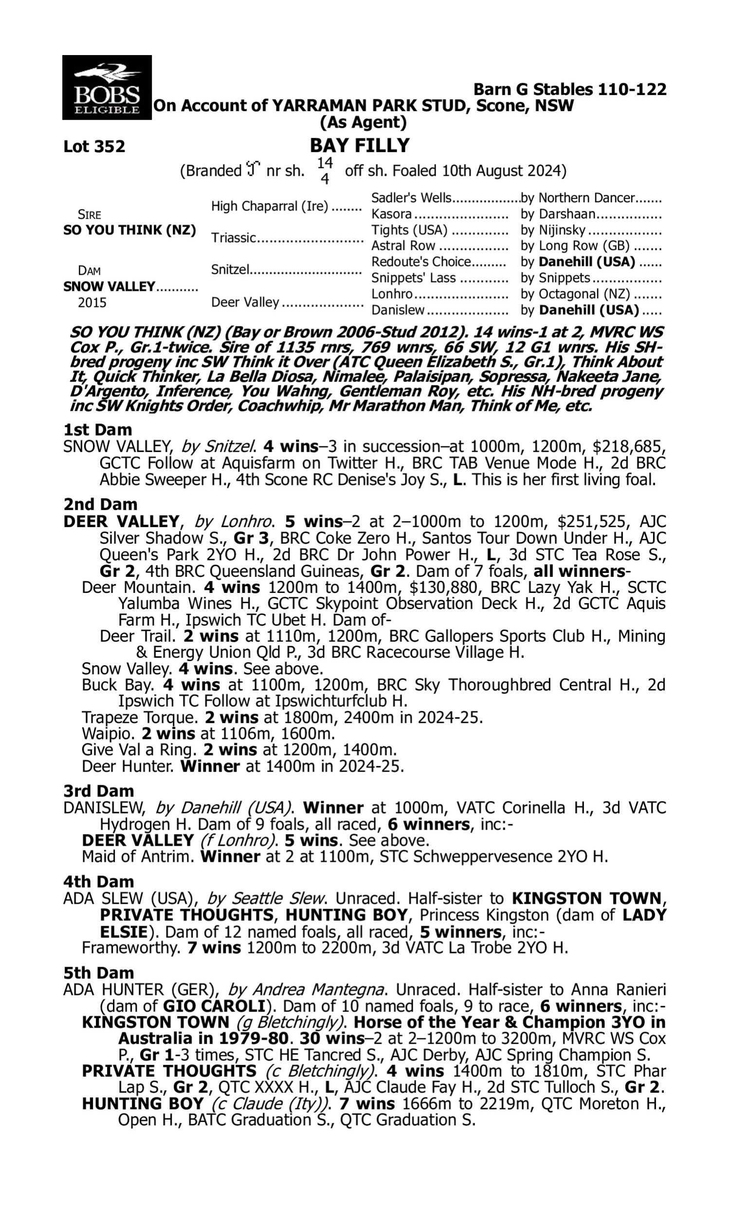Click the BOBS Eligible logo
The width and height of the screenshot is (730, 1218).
(107, 88)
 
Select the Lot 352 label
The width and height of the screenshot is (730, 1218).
(94, 147)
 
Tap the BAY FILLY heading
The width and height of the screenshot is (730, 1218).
(360, 146)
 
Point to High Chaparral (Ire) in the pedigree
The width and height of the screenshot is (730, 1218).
(270, 206)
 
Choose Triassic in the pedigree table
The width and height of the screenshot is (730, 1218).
(234, 238)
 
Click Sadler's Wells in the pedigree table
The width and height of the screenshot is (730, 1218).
(411, 198)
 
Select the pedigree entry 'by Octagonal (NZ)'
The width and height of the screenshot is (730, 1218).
(575, 294)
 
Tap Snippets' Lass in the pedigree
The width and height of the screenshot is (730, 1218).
(413, 278)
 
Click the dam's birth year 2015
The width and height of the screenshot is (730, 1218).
(92, 303)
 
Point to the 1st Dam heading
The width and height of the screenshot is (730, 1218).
(97, 430)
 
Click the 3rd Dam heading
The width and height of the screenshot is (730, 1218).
(98, 791)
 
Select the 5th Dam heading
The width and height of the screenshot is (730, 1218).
(98, 973)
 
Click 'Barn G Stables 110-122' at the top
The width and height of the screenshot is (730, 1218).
(569, 89)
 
